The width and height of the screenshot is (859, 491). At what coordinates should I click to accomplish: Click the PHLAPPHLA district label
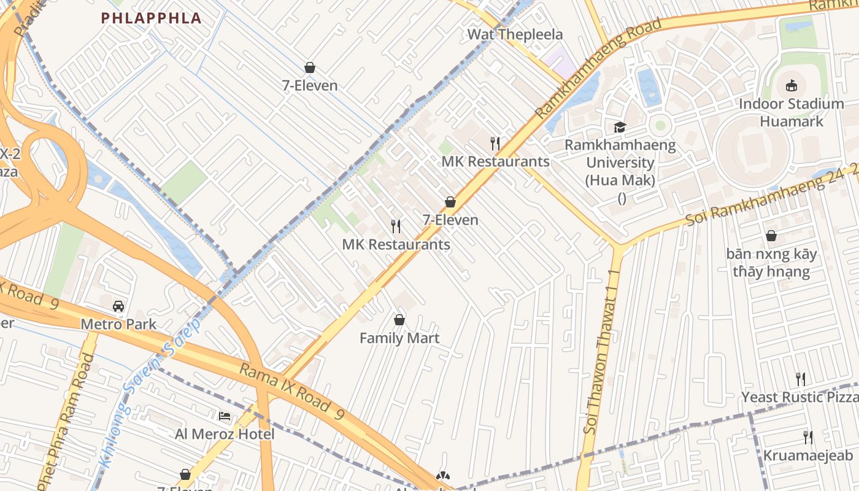coord(151,18)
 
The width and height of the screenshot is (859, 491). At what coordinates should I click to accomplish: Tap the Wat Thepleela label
coord(515,34)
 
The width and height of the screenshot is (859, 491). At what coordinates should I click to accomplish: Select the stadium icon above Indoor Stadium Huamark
coord(792,85)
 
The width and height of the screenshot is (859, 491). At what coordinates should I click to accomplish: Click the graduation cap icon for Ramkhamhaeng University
coord(620,127)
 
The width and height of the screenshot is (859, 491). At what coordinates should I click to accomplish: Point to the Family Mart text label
coord(399,338)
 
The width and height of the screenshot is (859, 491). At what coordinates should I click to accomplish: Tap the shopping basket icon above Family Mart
coord(399,320)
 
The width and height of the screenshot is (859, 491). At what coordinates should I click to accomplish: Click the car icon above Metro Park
coord(118,306)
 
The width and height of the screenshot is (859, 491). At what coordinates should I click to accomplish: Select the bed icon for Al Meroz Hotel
coord(225,416)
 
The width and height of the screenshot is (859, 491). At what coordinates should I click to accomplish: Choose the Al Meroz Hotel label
coord(225,434)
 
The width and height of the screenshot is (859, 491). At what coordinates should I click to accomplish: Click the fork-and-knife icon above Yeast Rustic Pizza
coord(800,379)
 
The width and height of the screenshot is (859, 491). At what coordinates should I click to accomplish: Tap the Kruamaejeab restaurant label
coord(807,455)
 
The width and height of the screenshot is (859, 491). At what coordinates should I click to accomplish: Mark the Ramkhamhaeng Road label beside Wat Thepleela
coord(598,68)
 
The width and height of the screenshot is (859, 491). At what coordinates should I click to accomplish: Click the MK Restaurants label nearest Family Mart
coord(396,244)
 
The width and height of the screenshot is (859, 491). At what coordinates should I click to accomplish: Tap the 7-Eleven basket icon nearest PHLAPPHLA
coord(310,68)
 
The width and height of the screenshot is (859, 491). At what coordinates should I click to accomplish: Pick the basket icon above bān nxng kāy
coord(771,236)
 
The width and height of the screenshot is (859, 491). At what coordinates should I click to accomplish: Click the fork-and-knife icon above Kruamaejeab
coord(808,437)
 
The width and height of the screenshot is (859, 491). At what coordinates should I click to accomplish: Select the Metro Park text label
coord(118,324)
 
